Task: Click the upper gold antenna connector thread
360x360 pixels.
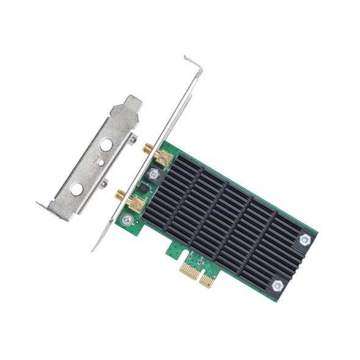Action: coord(148,148)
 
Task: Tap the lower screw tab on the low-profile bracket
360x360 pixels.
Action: coord(105,182)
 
